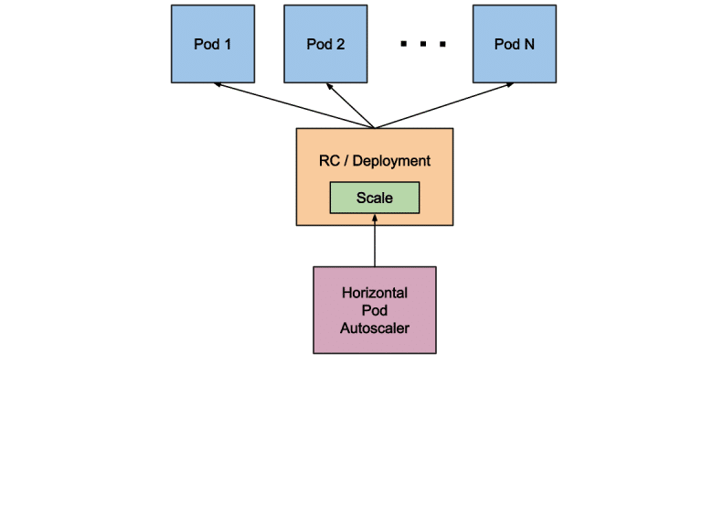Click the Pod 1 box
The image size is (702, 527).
click(213, 44)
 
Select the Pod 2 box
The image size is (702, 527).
click(325, 44)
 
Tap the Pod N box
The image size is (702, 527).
click(514, 44)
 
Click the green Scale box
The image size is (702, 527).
click(374, 198)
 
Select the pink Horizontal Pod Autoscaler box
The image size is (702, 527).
click(375, 310)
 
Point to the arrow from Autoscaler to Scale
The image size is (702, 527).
click(375, 242)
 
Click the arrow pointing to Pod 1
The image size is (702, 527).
click(292, 105)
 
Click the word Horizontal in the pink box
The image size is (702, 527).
click(375, 294)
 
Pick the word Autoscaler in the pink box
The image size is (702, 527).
click(375, 328)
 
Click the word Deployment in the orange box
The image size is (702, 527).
click(391, 161)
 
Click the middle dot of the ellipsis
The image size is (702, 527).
click(423, 44)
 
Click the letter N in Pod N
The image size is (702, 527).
click(528, 44)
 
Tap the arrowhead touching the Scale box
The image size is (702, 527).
click(375, 218)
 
